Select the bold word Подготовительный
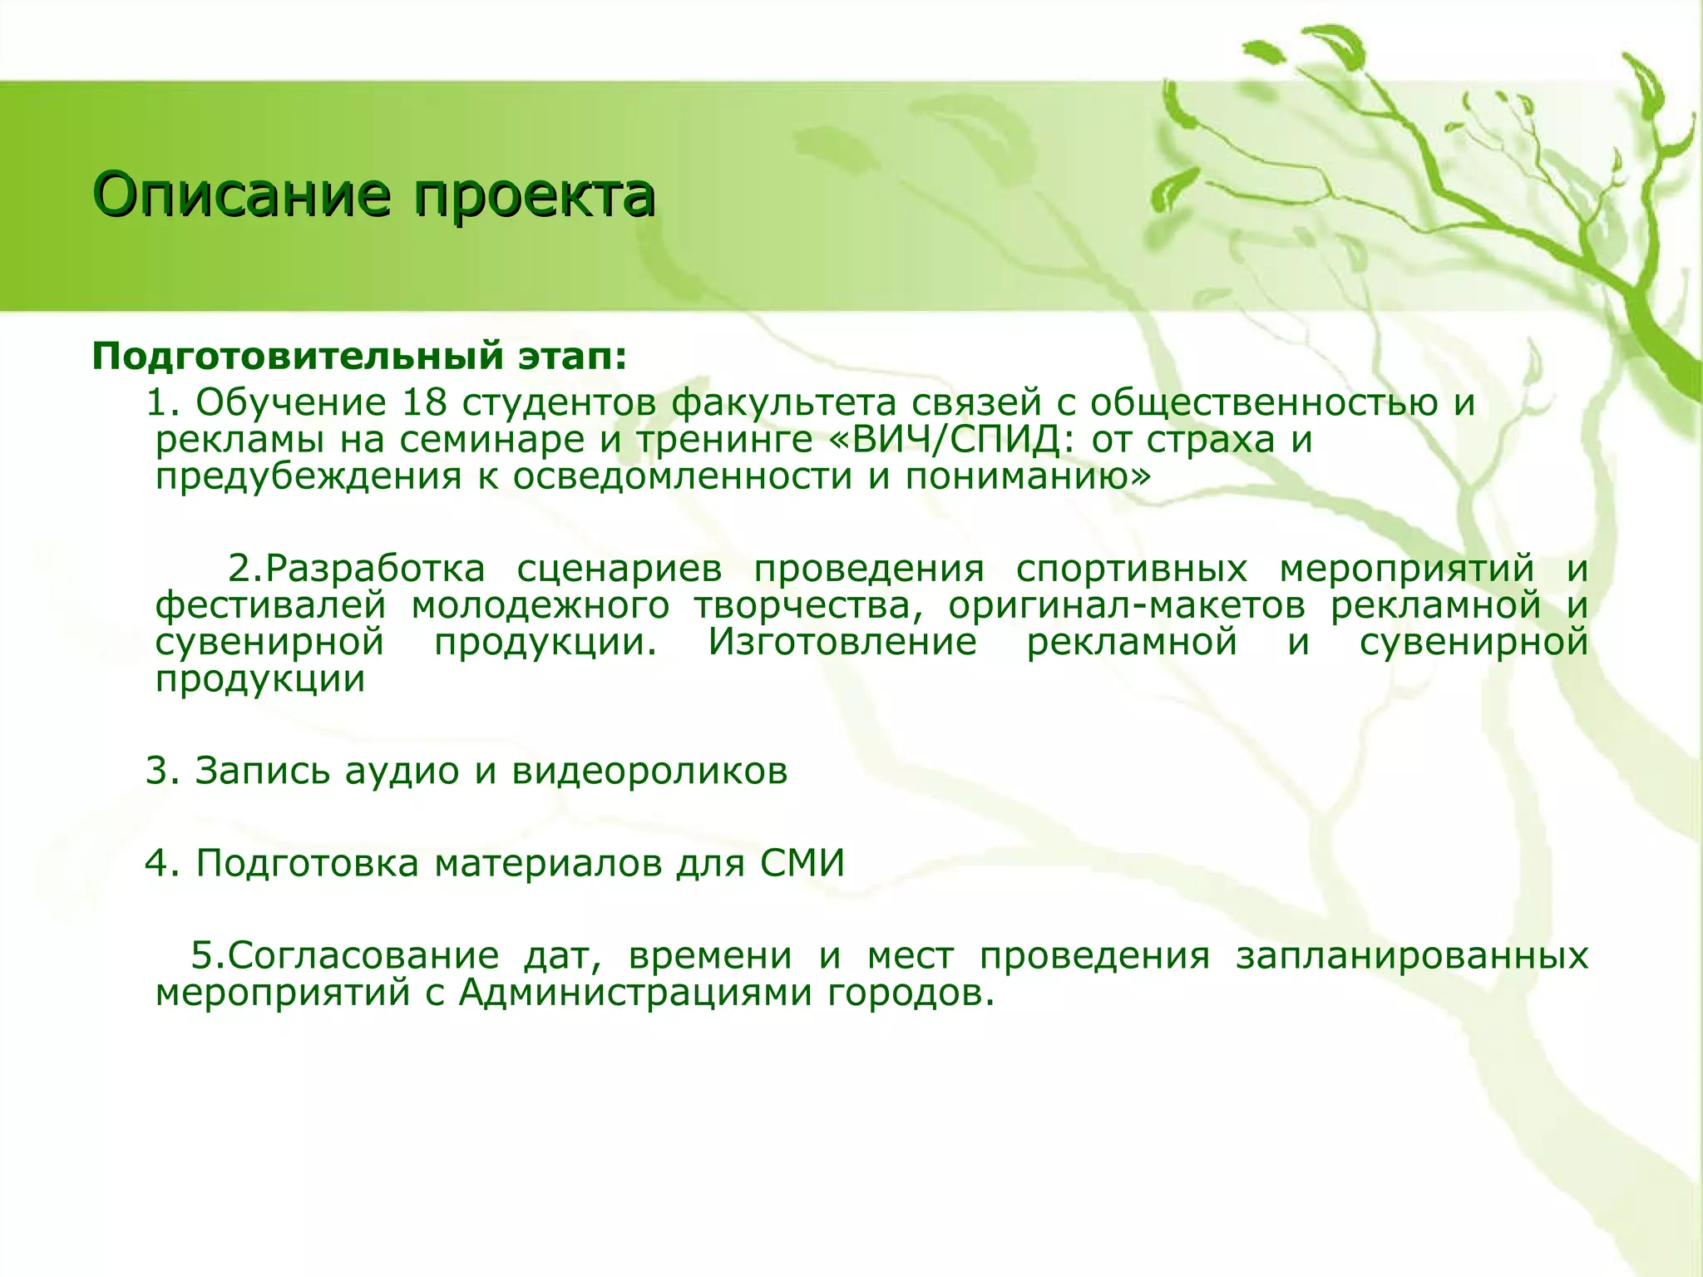pos(298,357)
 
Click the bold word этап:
pos(573,357)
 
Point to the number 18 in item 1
pos(425,403)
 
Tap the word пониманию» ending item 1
pos(1029,476)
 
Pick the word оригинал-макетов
pos(1127,606)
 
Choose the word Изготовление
pos(842,643)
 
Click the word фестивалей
pos(271,606)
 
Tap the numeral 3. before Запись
pos(163,771)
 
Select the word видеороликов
pos(649,771)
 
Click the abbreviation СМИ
pos(802,863)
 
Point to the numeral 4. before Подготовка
pos(163,863)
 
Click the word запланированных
pos(1412,956)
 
